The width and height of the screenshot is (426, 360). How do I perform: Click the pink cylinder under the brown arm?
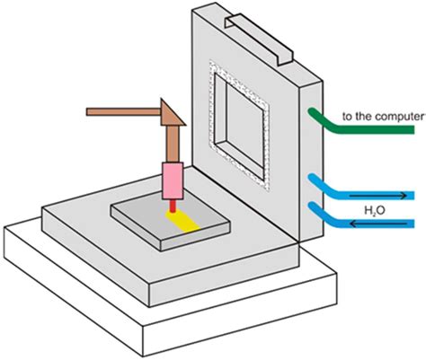pos(173,182)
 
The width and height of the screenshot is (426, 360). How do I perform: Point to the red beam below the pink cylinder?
pos(173,208)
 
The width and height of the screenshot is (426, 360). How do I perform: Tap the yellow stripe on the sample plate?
pos(190,220)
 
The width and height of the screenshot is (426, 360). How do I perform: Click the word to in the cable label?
pos(345,116)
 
